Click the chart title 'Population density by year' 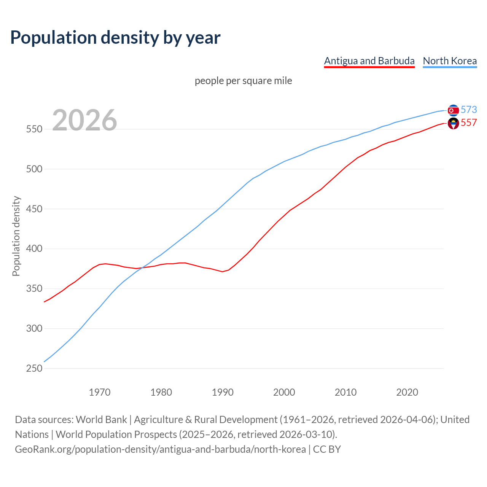coord(115,38)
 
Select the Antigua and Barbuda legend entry coord(369,61)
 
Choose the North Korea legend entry coord(450,61)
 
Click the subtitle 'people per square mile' coord(243,81)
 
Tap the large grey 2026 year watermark coord(84,120)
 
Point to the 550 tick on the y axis coord(34,129)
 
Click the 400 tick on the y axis coord(34,249)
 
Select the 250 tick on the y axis coord(34,368)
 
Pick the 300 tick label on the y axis coord(34,328)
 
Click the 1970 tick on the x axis coord(100,392)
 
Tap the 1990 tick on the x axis coord(223,392)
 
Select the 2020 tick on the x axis coord(407,392)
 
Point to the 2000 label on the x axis coord(284,392)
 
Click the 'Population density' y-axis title coord(16,236)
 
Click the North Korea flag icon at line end coord(453,110)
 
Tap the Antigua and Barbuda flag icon coord(453,123)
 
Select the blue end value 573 coord(469,110)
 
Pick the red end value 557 coord(469,123)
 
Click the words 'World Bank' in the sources coord(101,419)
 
